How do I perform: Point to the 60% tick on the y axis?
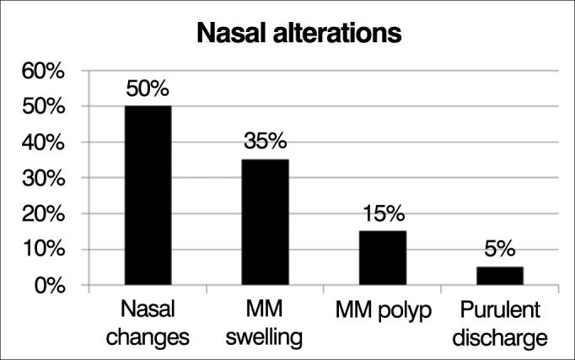(x=43, y=73)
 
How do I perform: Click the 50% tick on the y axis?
(x=43, y=108)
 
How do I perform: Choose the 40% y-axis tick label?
(x=43, y=143)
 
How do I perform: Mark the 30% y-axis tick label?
(x=43, y=179)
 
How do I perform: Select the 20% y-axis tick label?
(x=43, y=214)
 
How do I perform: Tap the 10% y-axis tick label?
(x=43, y=250)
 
